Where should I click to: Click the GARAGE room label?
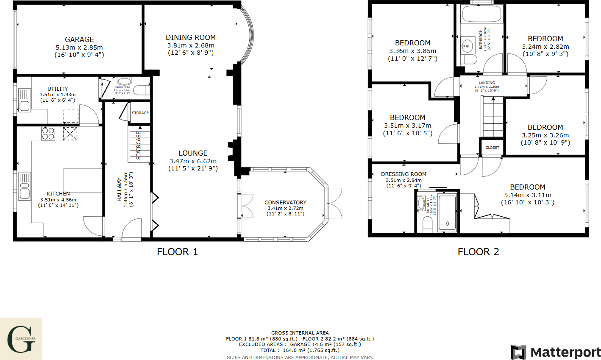(79, 39)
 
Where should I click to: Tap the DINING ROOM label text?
(191, 37)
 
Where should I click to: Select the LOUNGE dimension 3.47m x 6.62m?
(193, 161)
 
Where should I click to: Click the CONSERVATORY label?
(285, 203)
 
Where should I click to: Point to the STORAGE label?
(140, 113)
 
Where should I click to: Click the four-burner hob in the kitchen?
(48, 134)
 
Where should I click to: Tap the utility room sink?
(24, 100)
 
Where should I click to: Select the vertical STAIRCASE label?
(139, 145)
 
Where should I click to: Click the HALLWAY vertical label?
(120, 189)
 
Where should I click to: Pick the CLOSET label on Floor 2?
(492, 148)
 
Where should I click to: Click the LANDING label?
(487, 83)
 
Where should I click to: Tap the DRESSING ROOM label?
(403, 174)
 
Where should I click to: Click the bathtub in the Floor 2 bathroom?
(481, 14)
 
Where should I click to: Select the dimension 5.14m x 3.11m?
(528, 195)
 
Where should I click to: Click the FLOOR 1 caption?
(177, 252)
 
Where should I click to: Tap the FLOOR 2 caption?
(478, 252)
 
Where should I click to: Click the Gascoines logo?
(21, 339)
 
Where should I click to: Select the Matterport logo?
(556, 352)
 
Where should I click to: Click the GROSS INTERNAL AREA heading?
(300, 333)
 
